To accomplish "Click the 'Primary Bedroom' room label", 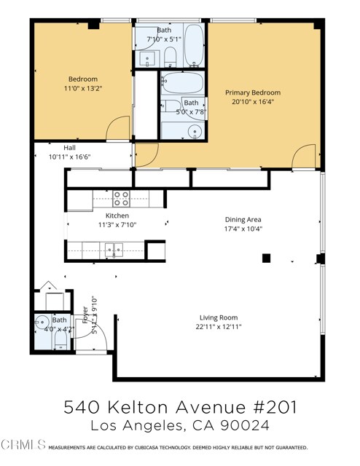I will [x=252, y=92].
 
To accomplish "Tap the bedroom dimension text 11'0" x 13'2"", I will [x=82, y=89].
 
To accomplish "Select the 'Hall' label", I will [x=69, y=148].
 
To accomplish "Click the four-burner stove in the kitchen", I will [x=121, y=197].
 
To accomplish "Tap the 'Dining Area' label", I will [x=243, y=219].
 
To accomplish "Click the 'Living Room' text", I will [x=219, y=317].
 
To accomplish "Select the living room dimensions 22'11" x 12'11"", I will [x=219, y=326].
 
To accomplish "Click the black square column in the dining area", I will [x=266, y=258].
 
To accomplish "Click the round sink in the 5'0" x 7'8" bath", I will [x=194, y=131].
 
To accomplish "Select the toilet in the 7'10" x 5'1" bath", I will [x=169, y=57].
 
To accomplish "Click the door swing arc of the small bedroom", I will [x=119, y=129].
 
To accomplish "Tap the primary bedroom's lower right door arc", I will [x=305, y=156].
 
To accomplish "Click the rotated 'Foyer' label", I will [x=85, y=315].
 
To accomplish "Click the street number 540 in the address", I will [x=82, y=406].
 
